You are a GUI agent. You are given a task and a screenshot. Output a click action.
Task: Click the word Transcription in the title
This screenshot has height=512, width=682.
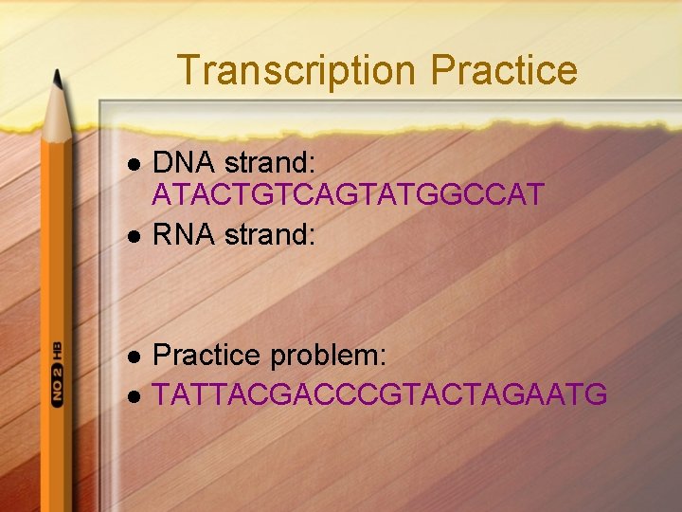point(296,71)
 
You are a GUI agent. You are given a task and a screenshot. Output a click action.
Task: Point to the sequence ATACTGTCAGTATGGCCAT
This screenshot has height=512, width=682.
point(349,195)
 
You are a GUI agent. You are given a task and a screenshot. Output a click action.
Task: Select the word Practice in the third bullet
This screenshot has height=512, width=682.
point(207,356)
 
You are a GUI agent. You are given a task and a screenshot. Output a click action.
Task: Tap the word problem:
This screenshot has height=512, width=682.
point(329,357)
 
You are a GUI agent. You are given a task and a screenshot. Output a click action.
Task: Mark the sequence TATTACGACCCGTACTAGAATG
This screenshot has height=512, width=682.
point(380,393)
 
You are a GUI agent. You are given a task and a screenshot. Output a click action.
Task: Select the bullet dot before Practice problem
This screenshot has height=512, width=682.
point(134,358)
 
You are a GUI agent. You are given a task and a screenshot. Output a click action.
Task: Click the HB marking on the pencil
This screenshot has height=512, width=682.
point(57,348)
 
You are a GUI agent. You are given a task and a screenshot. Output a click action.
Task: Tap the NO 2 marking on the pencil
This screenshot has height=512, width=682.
point(57,384)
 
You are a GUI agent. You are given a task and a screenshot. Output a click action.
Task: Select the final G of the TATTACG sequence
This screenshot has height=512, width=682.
point(596,393)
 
